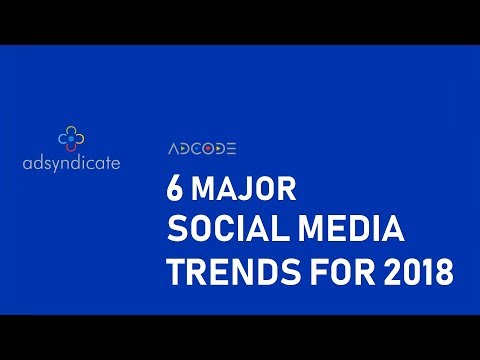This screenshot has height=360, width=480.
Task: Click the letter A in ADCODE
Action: point(172,149)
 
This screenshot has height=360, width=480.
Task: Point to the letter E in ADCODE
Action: point(230,149)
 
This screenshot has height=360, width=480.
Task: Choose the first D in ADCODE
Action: point(184,149)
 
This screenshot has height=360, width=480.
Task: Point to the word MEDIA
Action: point(356,230)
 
